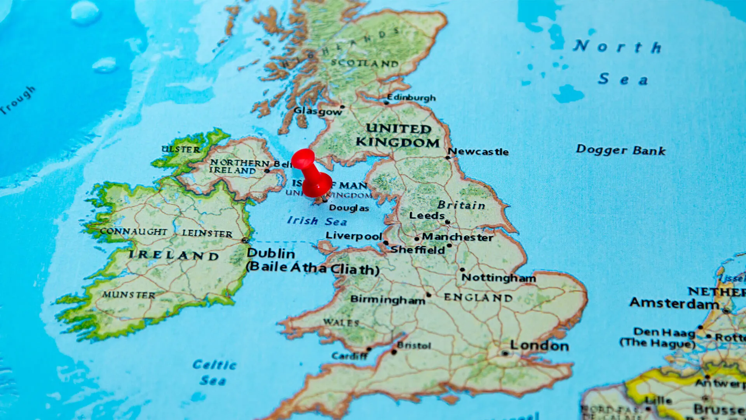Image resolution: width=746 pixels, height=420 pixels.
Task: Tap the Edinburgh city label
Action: (411, 97)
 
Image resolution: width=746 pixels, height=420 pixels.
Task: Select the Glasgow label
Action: (317, 111)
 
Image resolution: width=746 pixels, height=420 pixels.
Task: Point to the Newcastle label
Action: (478, 151)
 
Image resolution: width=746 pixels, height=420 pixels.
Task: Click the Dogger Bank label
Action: (621, 150)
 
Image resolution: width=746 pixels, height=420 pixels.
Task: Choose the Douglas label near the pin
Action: (349, 208)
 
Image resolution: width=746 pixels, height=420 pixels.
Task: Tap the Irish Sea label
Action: (317, 221)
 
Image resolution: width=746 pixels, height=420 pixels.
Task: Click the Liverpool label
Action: (354, 236)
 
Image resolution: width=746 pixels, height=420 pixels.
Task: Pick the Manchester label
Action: (457, 237)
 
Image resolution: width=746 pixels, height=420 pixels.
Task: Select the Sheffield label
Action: (417, 250)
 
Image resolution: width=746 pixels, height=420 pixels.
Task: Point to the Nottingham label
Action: (498, 278)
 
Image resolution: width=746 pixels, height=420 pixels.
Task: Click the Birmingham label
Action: (387, 299)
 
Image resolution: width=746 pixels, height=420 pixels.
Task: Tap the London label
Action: (539, 345)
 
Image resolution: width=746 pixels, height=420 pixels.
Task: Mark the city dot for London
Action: (505, 353)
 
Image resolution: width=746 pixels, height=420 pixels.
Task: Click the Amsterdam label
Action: (674, 303)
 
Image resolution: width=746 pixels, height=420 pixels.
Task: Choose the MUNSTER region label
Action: (129, 295)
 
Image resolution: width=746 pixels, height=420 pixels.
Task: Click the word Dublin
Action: (271, 254)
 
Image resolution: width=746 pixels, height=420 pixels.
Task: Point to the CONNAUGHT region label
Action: (133, 231)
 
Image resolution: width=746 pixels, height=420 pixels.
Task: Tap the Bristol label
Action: (414, 345)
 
